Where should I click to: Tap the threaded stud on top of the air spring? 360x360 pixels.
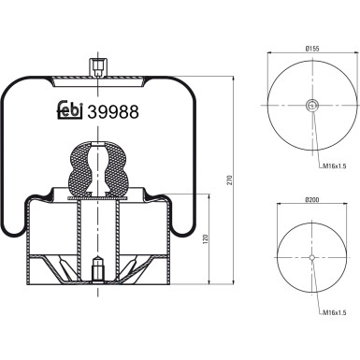[96, 66]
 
